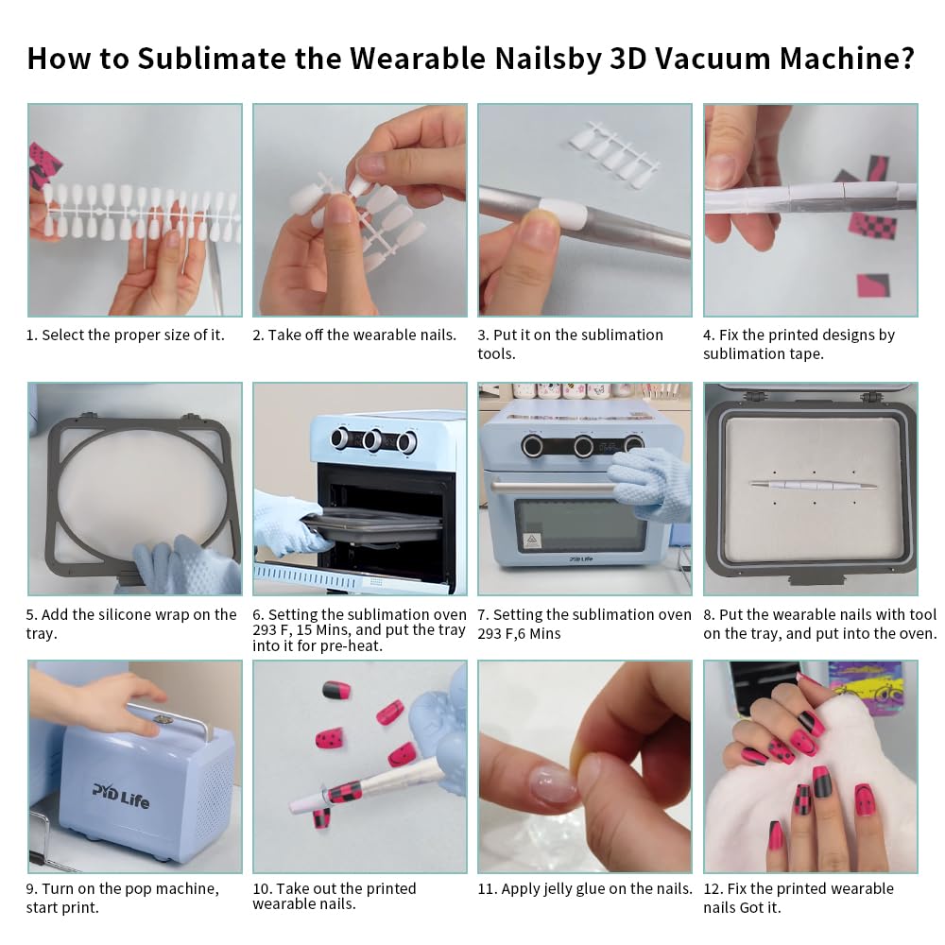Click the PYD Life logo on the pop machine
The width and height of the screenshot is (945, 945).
(x=120, y=794)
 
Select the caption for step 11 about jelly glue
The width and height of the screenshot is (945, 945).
(x=585, y=888)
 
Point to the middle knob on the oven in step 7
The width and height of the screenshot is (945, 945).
(x=583, y=446)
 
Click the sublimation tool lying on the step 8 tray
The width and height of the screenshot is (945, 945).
(x=812, y=485)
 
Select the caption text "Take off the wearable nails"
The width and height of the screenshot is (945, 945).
(x=354, y=335)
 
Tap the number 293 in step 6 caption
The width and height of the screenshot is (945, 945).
(x=267, y=630)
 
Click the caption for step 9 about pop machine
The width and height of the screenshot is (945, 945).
(x=122, y=898)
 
